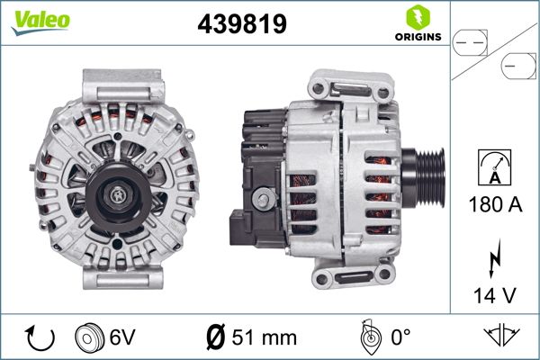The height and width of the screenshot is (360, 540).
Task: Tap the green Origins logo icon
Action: click(x=415, y=17)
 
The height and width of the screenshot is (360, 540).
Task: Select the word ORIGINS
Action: click(x=415, y=38)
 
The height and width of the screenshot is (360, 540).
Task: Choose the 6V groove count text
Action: click(x=122, y=337)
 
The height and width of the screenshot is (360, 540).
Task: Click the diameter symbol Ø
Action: click(x=215, y=337)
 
